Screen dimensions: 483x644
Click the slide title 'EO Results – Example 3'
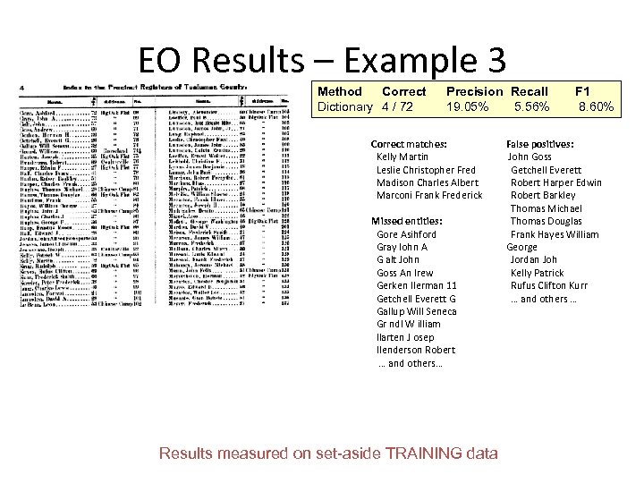[x=322, y=60]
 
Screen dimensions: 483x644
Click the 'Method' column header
[x=340, y=91]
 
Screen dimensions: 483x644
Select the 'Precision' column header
[x=474, y=91]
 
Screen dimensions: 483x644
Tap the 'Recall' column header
[x=530, y=91]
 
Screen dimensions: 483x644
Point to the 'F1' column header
[x=582, y=91]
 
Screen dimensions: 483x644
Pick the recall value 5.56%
[x=532, y=106]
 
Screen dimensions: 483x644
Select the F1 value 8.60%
[x=596, y=106]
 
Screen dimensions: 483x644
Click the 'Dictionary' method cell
[x=344, y=106]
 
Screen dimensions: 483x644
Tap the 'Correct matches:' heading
[x=409, y=144]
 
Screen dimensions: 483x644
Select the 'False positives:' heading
[x=539, y=144]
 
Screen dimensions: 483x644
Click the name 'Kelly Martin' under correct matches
[x=402, y=157]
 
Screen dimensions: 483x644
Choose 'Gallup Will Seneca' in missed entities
[x=417, y=311]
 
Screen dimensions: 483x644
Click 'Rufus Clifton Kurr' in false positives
[x=549, y=286]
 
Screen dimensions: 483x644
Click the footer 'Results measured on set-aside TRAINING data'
[x=328, y=453]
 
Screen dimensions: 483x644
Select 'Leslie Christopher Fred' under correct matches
[x=427, y=170]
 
